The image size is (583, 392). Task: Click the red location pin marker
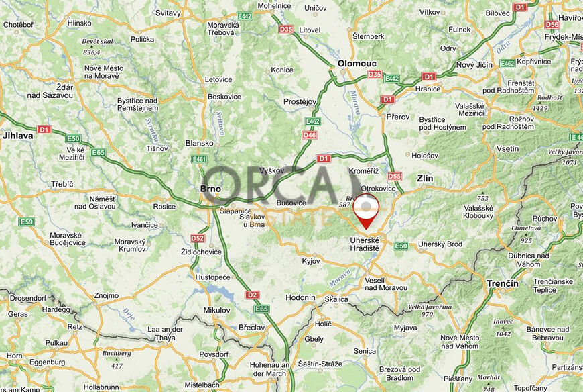[366, 209]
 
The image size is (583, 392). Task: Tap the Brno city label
[210, 189]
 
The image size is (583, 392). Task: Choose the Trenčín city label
[503, 283]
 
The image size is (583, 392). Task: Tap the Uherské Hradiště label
[365, 244]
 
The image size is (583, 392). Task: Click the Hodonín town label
[300, 297]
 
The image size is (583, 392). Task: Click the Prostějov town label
[300, 101]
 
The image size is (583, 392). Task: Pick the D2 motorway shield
[251, 295]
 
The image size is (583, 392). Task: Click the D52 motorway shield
[197, 238]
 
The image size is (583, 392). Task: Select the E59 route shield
[27, 222]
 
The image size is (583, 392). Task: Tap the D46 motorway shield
[309, 135]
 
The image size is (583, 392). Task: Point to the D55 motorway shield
[394, 177]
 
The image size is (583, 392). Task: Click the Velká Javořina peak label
[430, 307]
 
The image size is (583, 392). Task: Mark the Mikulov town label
[216, 310]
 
